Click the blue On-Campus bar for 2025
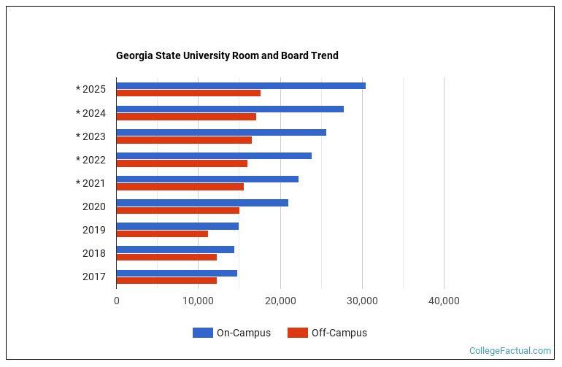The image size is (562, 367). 241,86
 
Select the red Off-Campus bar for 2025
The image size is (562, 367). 188,93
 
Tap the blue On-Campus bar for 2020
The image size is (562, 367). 202,203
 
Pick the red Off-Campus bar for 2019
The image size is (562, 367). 162,233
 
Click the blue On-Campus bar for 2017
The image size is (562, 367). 177,273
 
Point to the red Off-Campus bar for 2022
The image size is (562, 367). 182,163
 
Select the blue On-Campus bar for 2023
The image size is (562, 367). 221,133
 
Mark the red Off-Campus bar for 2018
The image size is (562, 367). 166,257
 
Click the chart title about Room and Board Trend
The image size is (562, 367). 227,55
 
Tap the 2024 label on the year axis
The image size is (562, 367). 94,113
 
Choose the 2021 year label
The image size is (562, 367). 94,183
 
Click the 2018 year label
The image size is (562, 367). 94,253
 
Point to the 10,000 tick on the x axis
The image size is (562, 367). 198,301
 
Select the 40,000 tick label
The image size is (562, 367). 443,301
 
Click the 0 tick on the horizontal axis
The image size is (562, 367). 117,301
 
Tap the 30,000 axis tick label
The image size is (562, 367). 361,301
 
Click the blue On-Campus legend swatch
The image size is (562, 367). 202,333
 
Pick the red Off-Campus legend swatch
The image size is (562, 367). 297,333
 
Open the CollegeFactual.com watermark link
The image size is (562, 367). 509,351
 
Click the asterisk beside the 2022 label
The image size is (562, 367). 78,160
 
